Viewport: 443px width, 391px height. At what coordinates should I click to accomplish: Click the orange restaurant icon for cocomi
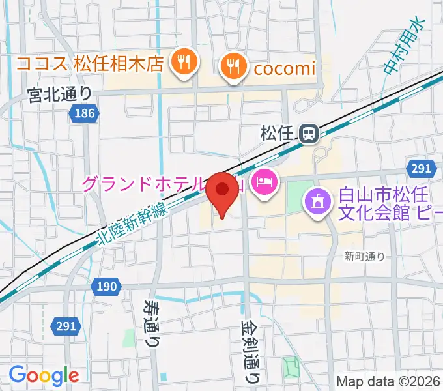pos(232,65)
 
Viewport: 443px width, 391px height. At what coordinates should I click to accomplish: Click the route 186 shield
pos(83,113)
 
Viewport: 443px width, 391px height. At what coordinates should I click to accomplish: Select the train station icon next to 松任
pos(308,134)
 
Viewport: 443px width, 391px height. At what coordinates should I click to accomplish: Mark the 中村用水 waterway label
pos(403,45)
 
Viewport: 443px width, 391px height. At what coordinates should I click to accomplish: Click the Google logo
pos(44,375)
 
